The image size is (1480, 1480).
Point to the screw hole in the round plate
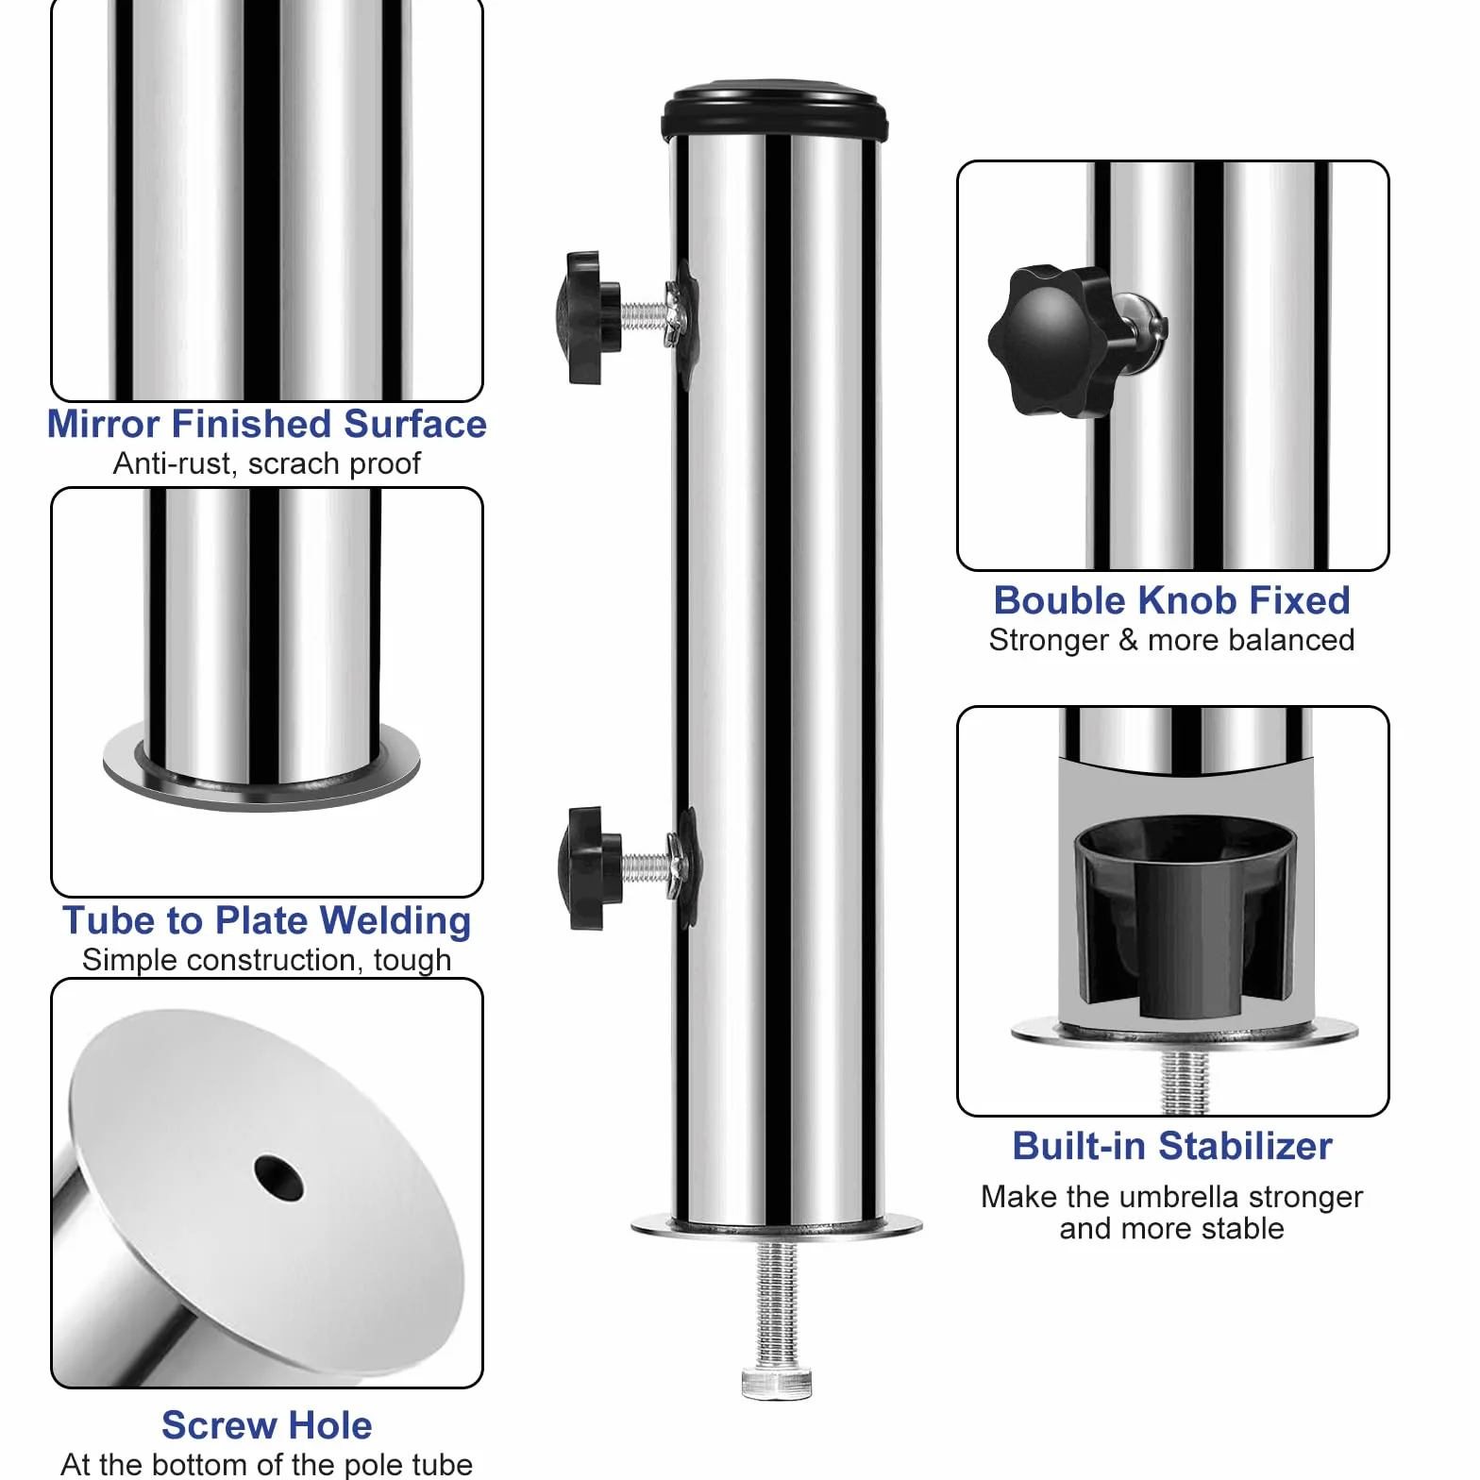pos(278,1178)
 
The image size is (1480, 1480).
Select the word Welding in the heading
pos(395,921)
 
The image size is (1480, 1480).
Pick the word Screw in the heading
pos(220,1425)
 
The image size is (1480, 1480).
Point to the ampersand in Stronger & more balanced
pos(1128,640)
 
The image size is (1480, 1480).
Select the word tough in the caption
pos(412,961)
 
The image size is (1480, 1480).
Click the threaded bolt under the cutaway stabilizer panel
pos(1186,1080)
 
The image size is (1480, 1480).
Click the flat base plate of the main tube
pos(776,1226)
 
